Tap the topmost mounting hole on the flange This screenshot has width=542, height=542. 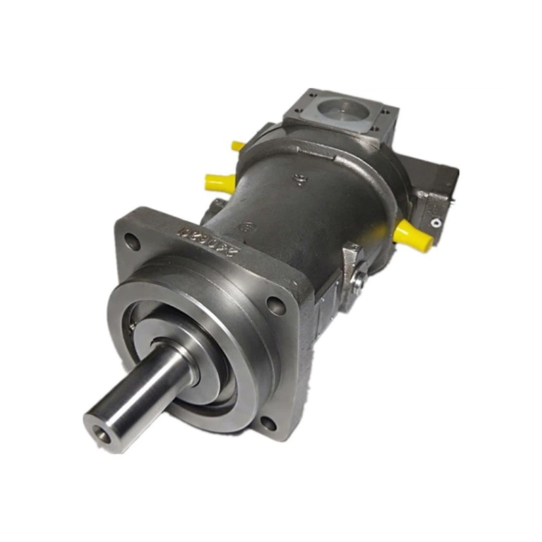pyautogui.click(x=133, y=239)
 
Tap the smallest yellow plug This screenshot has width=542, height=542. pyautogui.click(x=238, y=145)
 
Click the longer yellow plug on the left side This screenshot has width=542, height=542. pyautogui.click(x=220, y=182)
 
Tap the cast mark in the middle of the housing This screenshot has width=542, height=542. pyautogui.click(x=299, y=180)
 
